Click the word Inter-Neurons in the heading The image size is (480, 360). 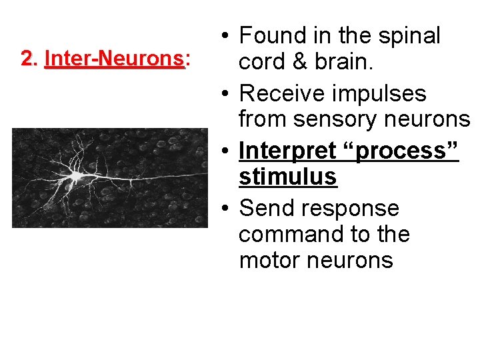113,59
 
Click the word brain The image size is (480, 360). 345,61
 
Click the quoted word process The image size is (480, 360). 401,151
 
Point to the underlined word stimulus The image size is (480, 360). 287,177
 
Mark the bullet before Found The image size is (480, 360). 227,37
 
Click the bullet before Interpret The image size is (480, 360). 227,153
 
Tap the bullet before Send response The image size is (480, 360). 227,210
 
